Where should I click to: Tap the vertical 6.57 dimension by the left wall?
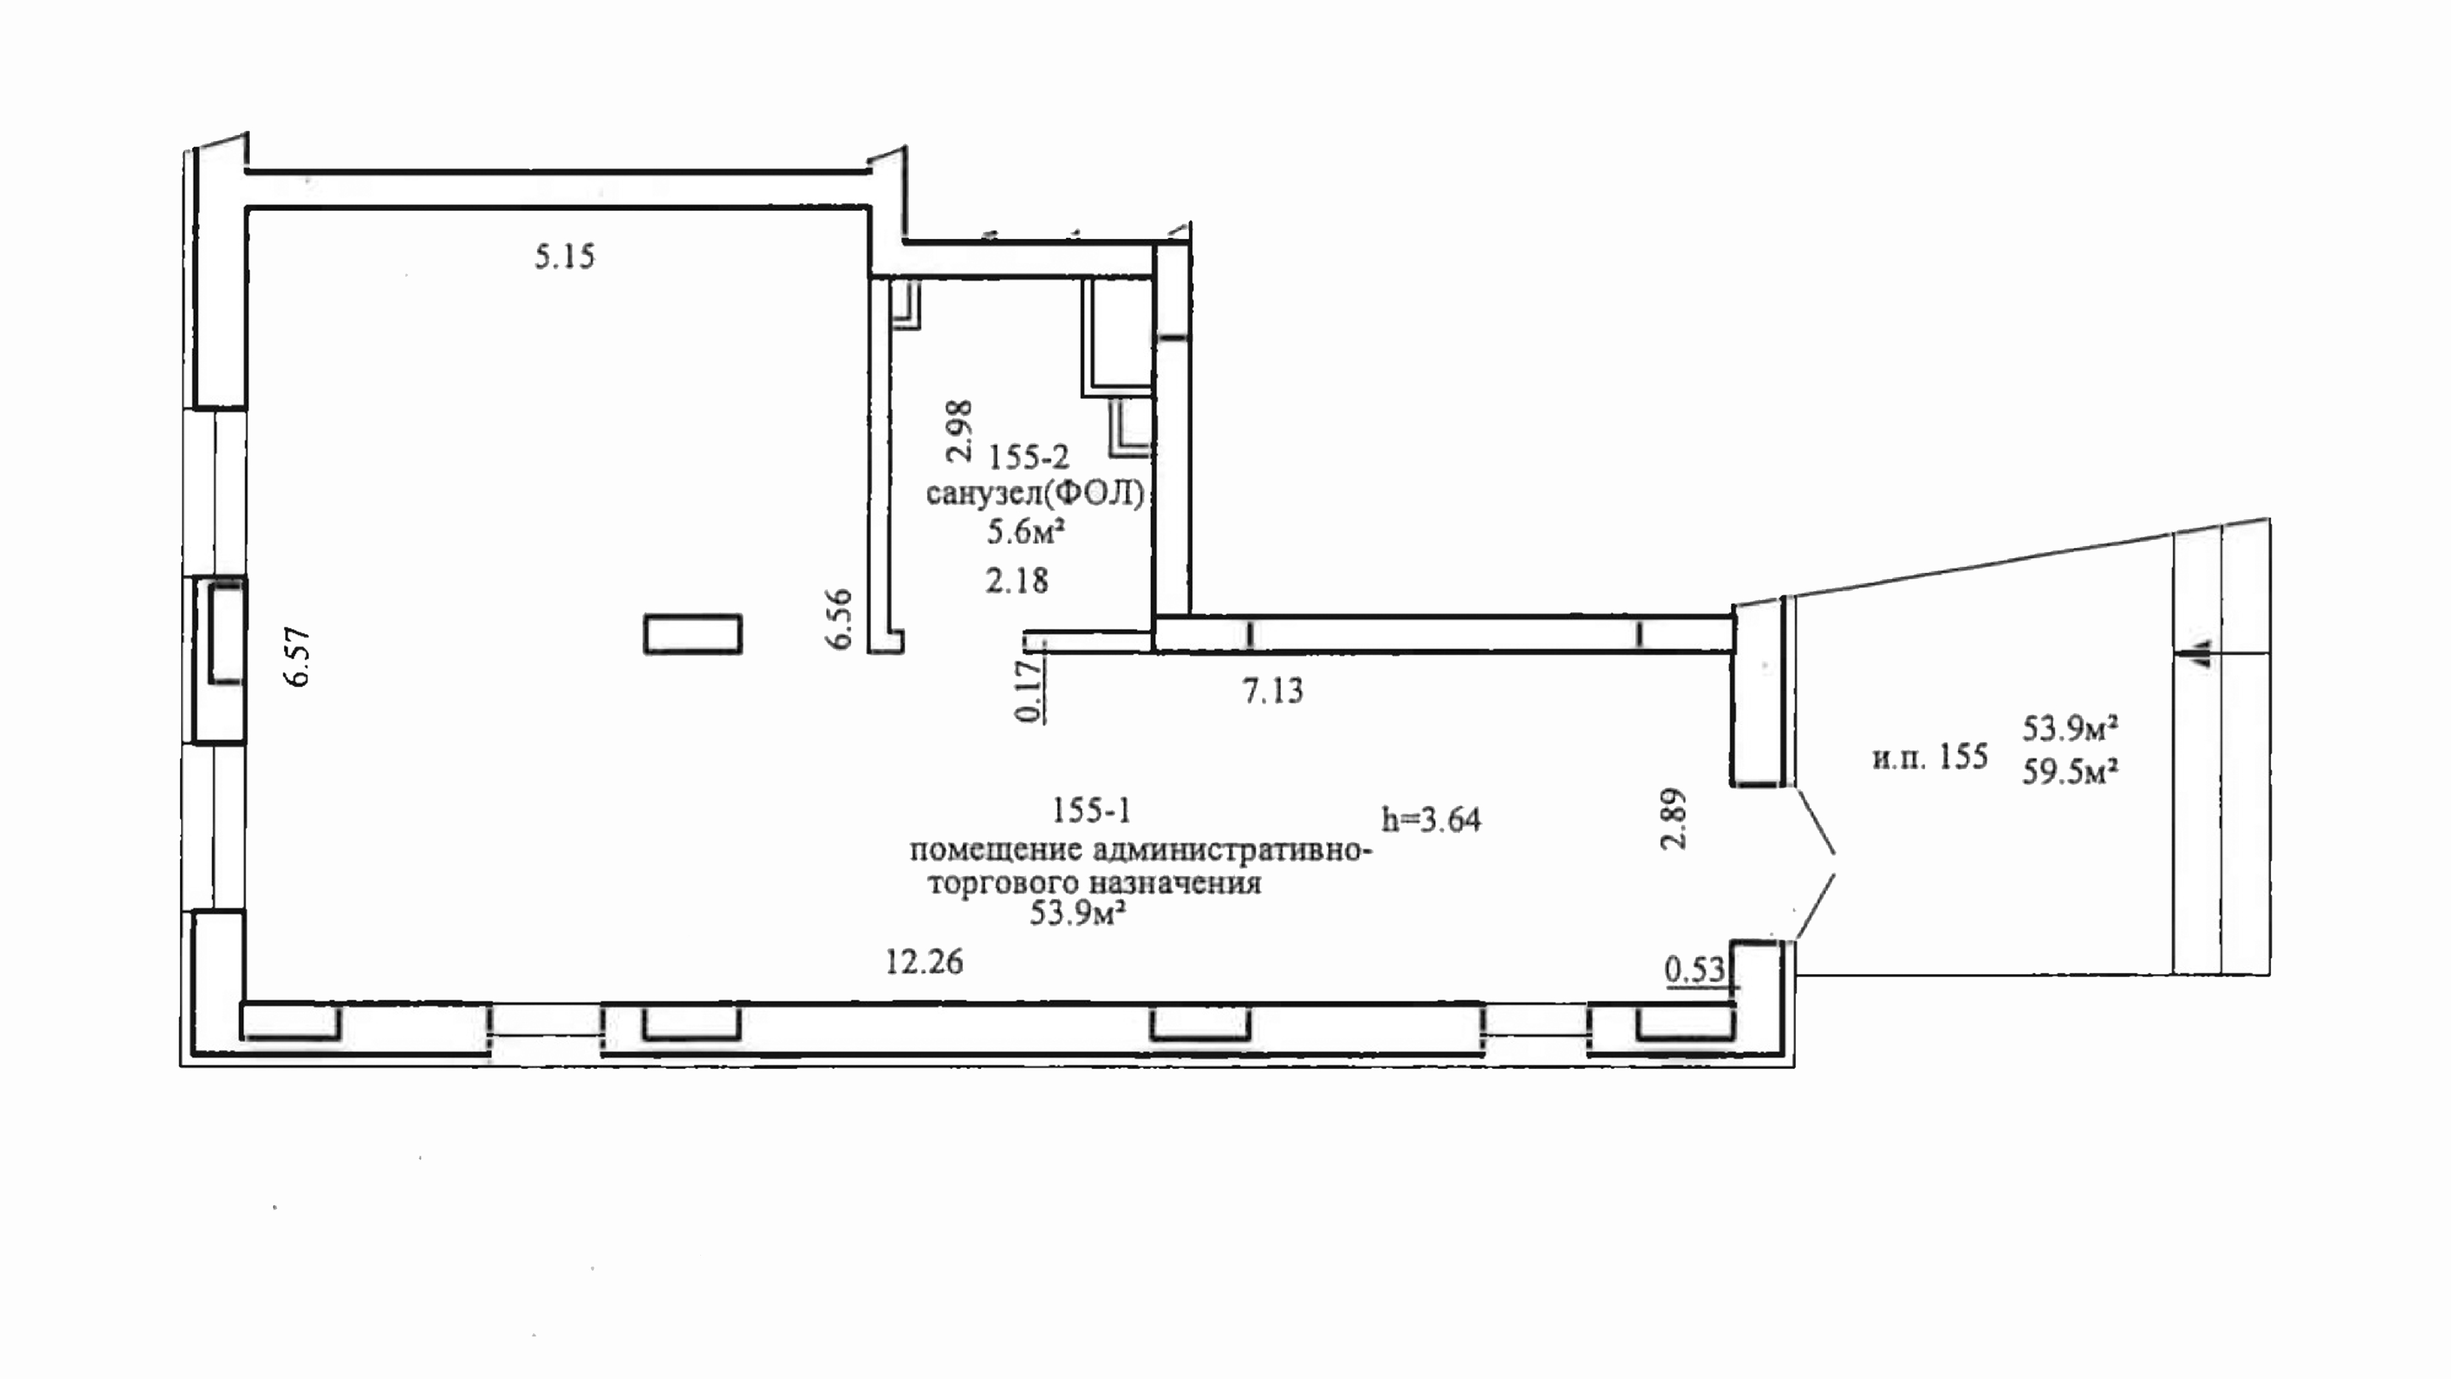point(298,657)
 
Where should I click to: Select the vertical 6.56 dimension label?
point(839,620)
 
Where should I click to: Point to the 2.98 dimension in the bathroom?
point(959,431)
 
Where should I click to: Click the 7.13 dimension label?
point(1272,690)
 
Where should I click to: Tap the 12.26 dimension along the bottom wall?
point(924,961)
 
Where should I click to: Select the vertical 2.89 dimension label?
point(1673,818)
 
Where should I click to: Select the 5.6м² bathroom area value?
point(1025,531)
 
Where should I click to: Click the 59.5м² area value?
point(2069,771)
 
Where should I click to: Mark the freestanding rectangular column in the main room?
point(692,634)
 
